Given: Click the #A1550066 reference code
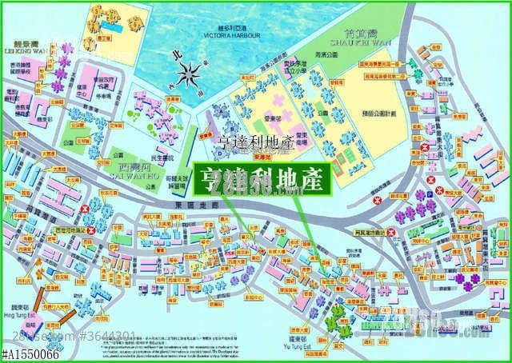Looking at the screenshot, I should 30,354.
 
